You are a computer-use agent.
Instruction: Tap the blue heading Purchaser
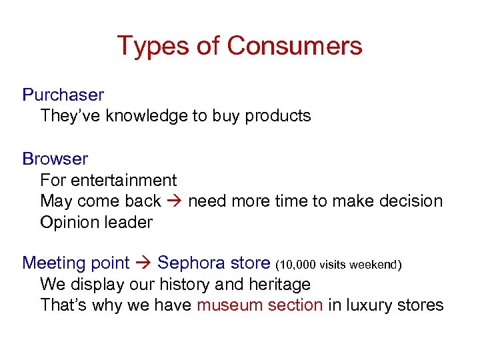pyautogui.click(x=63, y=95)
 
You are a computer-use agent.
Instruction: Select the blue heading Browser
pyautogui.click(x=55, y=159)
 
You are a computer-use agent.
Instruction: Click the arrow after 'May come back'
pyautogui.click(x=174, y=201)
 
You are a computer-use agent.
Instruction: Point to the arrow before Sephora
pyautogui.click(x=143, y=263)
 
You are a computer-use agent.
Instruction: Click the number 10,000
pyautogui.click(x=297, y=265)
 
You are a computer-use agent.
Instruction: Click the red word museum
pyautogui.click(x=231, y=305)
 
